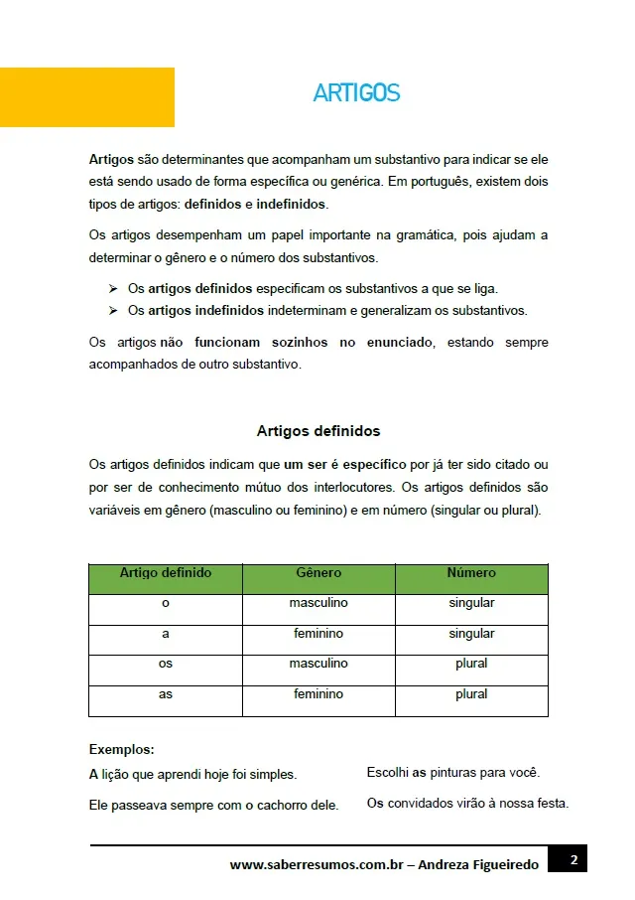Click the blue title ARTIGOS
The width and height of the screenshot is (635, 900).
356,93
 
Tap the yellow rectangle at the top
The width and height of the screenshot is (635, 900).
87,97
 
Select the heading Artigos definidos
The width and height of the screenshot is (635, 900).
317,431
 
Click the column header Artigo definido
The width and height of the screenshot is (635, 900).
166,573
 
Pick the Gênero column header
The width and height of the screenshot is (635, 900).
318,573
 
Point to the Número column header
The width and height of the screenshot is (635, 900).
471,573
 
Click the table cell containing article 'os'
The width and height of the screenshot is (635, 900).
166,664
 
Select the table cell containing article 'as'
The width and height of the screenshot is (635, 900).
166,694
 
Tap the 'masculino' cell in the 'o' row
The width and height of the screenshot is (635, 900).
318,603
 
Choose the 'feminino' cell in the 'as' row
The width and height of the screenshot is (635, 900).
318,694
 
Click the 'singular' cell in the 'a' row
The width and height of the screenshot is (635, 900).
471,634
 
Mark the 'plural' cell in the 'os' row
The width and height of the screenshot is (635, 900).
471,664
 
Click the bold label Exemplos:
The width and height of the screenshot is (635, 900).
121,750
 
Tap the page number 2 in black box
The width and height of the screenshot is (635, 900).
573,859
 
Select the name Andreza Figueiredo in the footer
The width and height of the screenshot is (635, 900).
478,865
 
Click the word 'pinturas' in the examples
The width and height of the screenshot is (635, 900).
455,772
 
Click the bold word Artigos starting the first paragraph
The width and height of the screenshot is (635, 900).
111,159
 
